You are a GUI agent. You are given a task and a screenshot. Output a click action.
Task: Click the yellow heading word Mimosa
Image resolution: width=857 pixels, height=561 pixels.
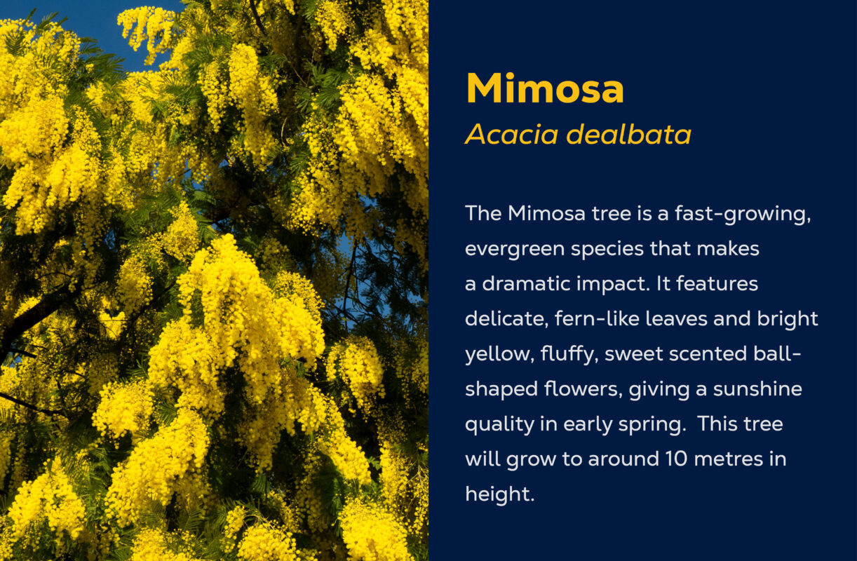click(x=545, y=88)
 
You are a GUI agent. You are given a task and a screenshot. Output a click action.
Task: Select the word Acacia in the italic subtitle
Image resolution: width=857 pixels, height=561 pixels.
click(x=511, y=135)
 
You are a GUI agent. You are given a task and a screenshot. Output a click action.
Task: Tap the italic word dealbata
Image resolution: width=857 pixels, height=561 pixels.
click(x=628, y=135)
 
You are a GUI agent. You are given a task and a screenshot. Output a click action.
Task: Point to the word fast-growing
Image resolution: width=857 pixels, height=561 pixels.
click(x=743, y=215)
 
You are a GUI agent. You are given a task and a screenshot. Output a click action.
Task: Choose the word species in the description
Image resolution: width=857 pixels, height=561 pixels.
click(x=607, y=250)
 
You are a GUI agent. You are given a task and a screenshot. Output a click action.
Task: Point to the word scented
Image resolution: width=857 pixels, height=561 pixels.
click(x=708, y=353)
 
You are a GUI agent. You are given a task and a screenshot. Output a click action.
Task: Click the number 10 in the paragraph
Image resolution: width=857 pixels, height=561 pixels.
click(x=677, y=459)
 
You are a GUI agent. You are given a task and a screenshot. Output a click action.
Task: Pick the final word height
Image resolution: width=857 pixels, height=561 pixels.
click(x=499, y=493)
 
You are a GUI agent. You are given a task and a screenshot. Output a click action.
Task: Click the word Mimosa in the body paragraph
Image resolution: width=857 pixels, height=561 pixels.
click(x=547, y=214)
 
